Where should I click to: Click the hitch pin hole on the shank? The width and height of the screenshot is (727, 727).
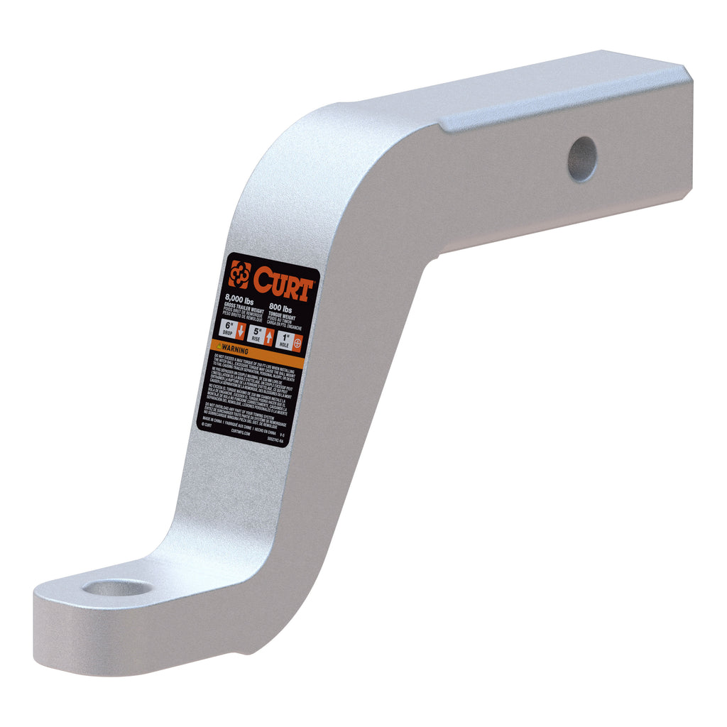582,159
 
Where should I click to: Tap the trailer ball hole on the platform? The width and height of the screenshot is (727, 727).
117,587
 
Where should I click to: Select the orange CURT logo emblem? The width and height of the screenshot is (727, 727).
239,273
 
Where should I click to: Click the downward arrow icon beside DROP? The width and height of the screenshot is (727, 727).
241,331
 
